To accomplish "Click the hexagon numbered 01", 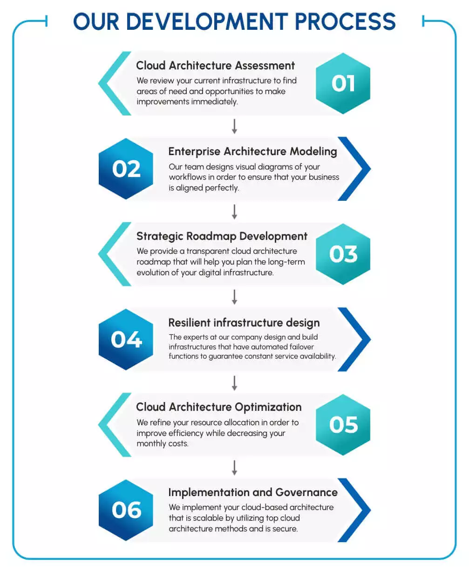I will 343,83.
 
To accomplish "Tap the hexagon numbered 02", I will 126,169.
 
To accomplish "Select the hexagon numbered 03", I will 343,254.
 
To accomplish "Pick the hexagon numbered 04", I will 126,340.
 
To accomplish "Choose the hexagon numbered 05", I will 343,425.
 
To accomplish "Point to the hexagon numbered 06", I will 126,510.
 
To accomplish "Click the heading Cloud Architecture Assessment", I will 215,66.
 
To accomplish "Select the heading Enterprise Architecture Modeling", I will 252,151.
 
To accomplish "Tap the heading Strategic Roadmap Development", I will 222,236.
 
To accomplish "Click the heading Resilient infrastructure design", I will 244,322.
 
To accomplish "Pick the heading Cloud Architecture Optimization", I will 218,407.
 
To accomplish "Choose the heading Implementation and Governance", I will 252,492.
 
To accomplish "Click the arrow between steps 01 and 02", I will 235,126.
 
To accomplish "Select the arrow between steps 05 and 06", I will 235,468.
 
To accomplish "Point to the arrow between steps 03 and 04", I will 235,297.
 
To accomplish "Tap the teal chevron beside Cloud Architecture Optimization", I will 112,425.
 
